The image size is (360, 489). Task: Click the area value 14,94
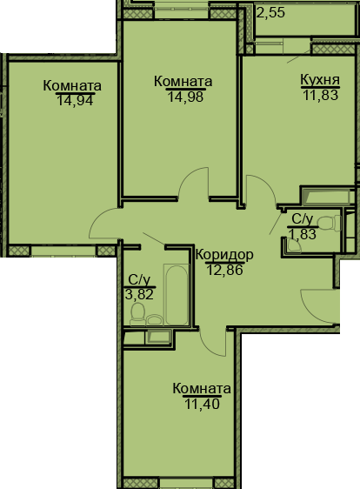pyautogui.click(x=73, y=99)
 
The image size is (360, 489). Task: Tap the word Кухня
pyautogui.click(x=319, y=79)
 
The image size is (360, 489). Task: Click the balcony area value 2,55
pyautogui.click(x=270, y=13)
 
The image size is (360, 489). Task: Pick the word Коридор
pyautogui.click(x=224, y=255)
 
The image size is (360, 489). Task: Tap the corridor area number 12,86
pyautogui.click(x=224, y=269)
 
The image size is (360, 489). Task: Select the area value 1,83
pyautogui.click(x=303, y=233)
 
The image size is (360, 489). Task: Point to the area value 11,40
pyautogui.click(x=202, y=402)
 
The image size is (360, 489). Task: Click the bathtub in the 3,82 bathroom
pyautogui.click(x=177, y=295)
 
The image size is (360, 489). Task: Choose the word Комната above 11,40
pyautogui.click(x=202, y=388)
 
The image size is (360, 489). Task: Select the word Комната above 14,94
pyautogui.click(x=73, y=86)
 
